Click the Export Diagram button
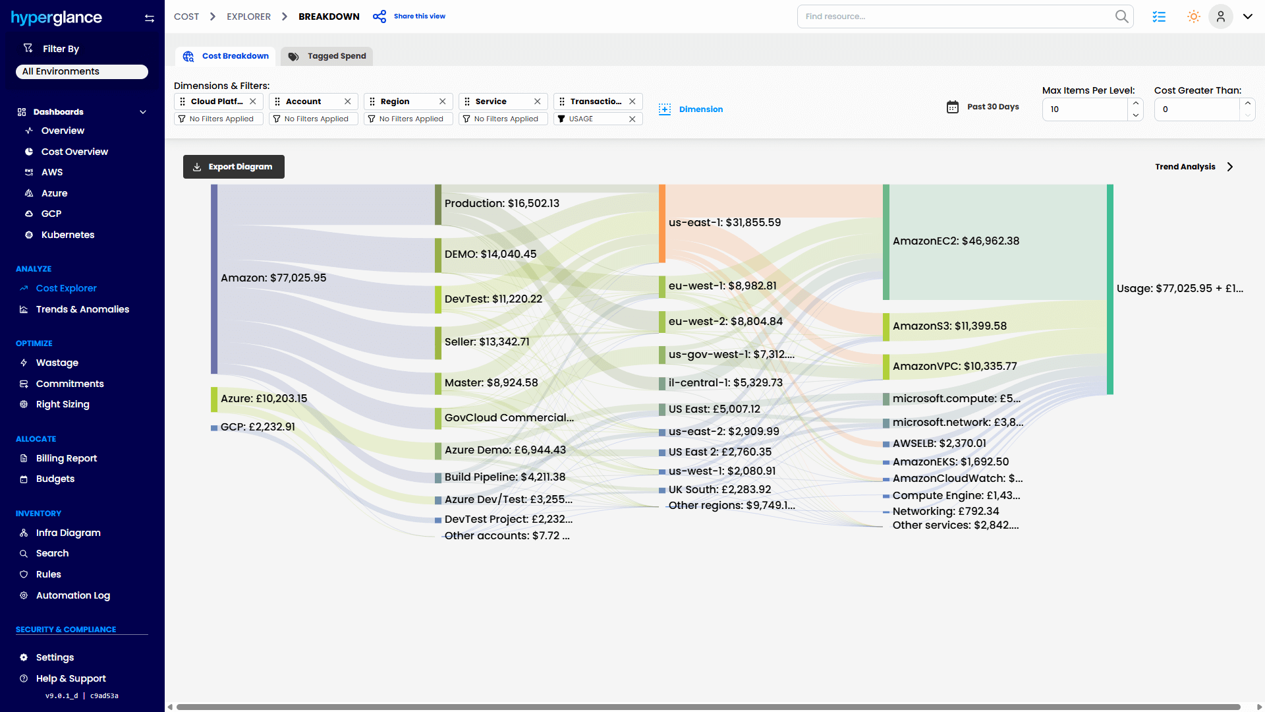tap(233, 167)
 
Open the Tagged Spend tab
tap(327, 56)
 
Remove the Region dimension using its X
tap(443, 102)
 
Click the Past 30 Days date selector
tap(983, 107)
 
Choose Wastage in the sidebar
tap(57, 363)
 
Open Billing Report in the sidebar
tap(66, 458)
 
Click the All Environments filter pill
tap(82, 71)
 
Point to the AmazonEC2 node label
tap(955, 241)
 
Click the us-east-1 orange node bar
tap(662, 223)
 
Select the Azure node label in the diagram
tap(264, 399)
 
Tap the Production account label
tap(501, 204)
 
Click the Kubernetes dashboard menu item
tap(67, 235)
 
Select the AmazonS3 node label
tap(949, 326)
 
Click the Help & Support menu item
tap(70, 678)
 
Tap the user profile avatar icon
tap(1220, 16)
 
